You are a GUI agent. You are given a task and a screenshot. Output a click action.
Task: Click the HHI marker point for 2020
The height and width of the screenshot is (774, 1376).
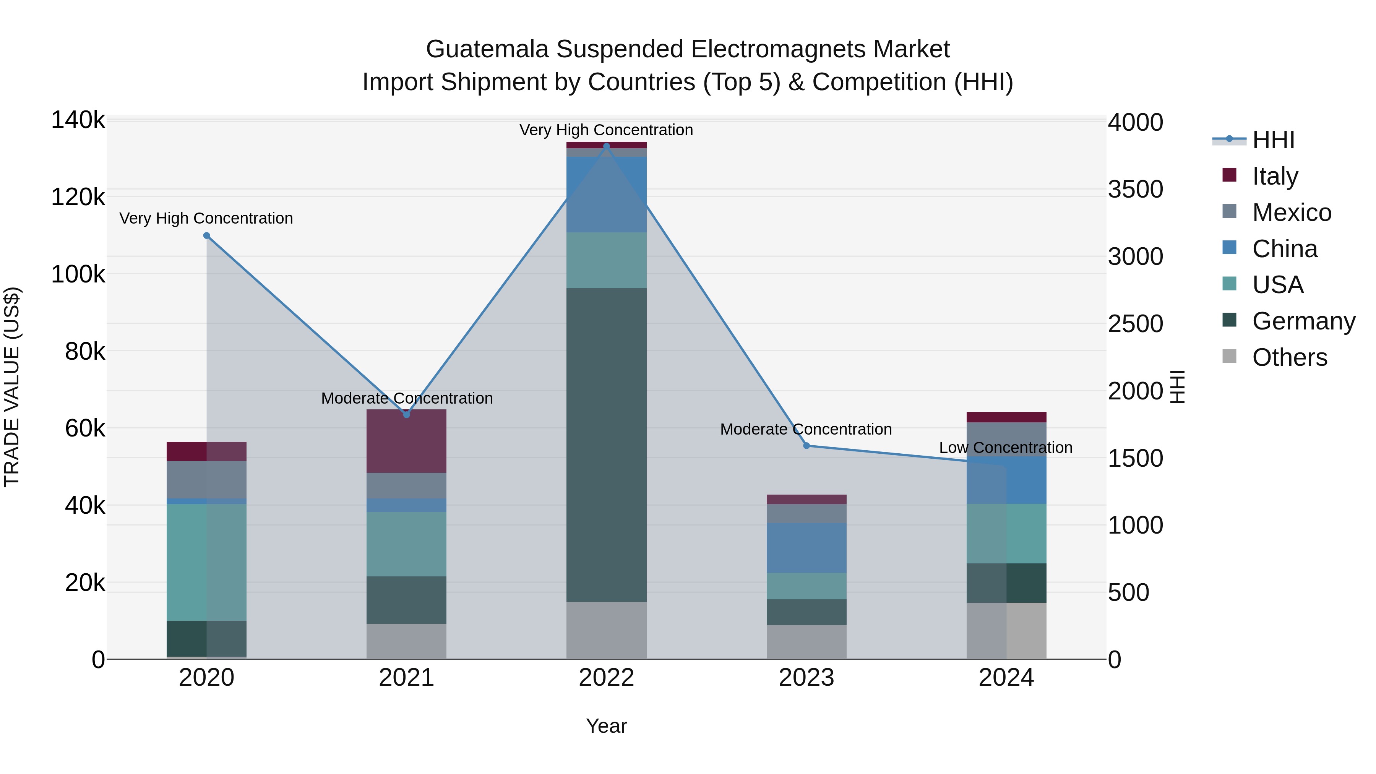[207, 235]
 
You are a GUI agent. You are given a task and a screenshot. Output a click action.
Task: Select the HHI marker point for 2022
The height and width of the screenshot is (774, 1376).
[606, 146]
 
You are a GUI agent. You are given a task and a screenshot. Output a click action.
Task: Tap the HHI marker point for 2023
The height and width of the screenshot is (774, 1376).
[806, 446]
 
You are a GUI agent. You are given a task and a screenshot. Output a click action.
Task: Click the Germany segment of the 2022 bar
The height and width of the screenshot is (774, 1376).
[606, 445]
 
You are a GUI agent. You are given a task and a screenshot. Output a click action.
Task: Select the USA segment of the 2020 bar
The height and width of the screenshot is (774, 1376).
[207, 562]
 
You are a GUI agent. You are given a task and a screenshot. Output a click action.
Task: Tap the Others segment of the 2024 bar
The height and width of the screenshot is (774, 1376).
[1006, 631]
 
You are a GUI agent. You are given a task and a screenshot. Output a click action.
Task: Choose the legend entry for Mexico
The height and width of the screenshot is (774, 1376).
[1291, 213]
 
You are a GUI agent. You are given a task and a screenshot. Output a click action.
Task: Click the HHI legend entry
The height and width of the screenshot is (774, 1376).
[1273, 140]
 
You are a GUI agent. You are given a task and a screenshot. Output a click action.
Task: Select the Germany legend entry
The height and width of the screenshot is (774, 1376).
[1303, 321]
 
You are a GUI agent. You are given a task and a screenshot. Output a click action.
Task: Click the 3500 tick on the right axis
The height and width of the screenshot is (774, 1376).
[1135, 189]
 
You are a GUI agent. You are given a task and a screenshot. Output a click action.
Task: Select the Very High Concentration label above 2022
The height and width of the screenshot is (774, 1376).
[606, 130]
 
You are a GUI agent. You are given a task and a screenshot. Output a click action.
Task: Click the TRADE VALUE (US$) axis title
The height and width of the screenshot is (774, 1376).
[12, 387]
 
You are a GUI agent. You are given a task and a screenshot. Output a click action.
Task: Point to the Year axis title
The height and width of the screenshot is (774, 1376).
[606, 726]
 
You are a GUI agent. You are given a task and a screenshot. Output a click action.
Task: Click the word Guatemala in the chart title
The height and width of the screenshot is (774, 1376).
[487, 49]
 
